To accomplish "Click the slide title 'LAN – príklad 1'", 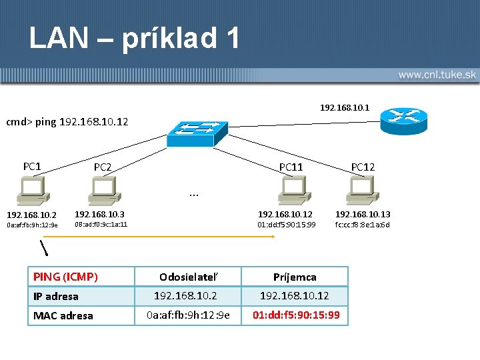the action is [x=134, y=38].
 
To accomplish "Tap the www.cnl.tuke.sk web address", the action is [x=437, y=75].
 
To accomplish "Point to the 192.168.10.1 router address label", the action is [x=345, y=107].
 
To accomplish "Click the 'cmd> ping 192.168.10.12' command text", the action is [x=67, y=122].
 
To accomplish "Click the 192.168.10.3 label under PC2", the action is [x=99, y=215].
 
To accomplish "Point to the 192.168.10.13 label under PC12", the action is [x=363, y=215].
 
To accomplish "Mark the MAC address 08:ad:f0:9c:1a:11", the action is [x=101, y=225].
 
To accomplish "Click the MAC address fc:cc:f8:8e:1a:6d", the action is [x=363, y=225].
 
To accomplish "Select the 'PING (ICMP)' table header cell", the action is [x=65, y=277].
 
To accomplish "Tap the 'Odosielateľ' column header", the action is [x=189, y=277].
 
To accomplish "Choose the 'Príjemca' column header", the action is [x=295, y=277].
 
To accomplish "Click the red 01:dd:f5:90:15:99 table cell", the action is [x=295, y=315].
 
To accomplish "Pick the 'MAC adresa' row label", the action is [x=63, y=315].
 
